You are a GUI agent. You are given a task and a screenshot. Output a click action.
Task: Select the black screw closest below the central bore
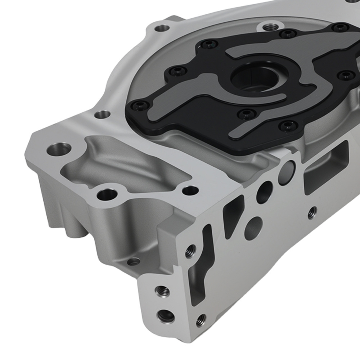tap(246, 115)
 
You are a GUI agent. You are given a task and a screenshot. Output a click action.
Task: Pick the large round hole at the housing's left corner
tap(59, 148)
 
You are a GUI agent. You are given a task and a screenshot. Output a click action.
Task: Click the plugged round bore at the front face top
tap(287, 169)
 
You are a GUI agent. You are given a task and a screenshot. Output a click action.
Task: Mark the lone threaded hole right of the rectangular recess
tap(312, 212)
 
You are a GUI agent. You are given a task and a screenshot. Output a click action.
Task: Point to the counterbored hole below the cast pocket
tap(107, 195)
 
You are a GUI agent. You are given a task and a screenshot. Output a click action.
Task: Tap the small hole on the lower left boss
tap(134, 261)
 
